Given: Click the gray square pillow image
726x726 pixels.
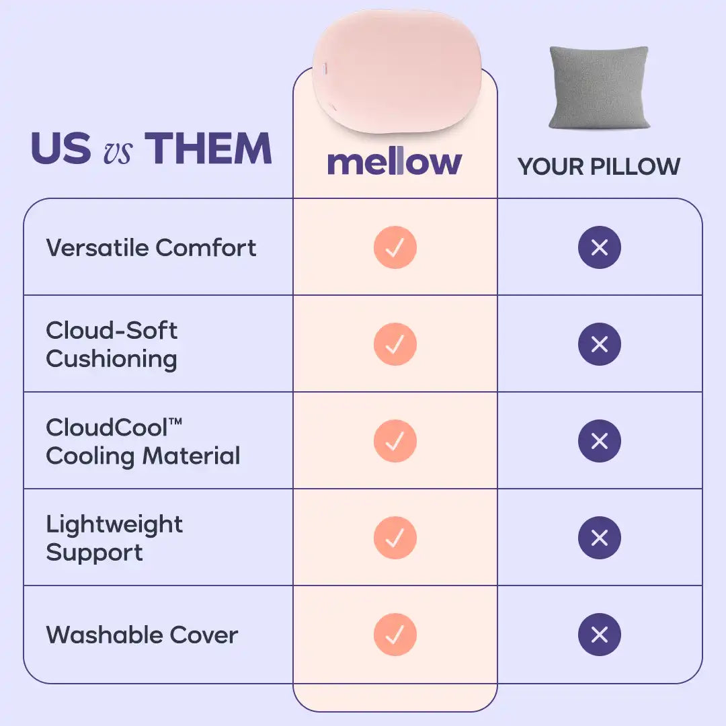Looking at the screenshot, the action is coord(599,87).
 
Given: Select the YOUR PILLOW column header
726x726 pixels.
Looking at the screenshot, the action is coord(599,167).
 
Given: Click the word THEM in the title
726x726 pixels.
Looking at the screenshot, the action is coord(208,148).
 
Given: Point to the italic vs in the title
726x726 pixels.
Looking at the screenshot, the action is coord(118,152).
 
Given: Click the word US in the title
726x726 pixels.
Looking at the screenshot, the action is coord(61,148).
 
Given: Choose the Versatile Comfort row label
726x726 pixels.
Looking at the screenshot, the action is coord(151,247).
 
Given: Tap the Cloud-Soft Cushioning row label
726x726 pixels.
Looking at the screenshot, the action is coord(112,344).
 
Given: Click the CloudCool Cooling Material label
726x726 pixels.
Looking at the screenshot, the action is coord(143,442).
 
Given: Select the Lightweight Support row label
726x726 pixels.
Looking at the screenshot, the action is coord(114,538).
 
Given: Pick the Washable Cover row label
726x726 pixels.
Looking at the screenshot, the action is coord(142,635).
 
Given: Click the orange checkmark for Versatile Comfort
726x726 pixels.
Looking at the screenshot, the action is coord(395,247).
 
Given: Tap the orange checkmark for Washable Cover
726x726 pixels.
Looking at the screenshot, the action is coord(395,635).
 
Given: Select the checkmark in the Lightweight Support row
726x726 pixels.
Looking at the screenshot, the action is coord(395,538).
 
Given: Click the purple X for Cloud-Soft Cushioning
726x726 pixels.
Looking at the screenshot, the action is coord(600,344).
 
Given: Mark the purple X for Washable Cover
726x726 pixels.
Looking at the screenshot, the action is coord(600,635).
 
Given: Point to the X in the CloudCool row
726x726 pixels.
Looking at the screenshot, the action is coord(600,441).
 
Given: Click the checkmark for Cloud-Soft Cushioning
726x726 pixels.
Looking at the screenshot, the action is coord(395,344).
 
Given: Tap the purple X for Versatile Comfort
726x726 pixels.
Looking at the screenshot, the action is coord(600,247).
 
